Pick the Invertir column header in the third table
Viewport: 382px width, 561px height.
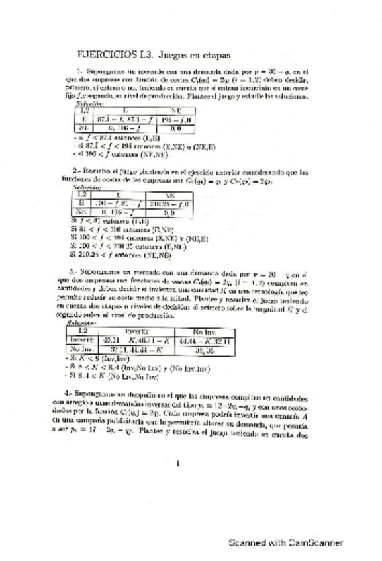[x=136, y=332]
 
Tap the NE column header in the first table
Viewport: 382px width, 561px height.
[x=175, y=110]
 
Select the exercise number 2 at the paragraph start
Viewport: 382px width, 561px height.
[x=76, y=171]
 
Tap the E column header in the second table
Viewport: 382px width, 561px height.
[x=116, y=195]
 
